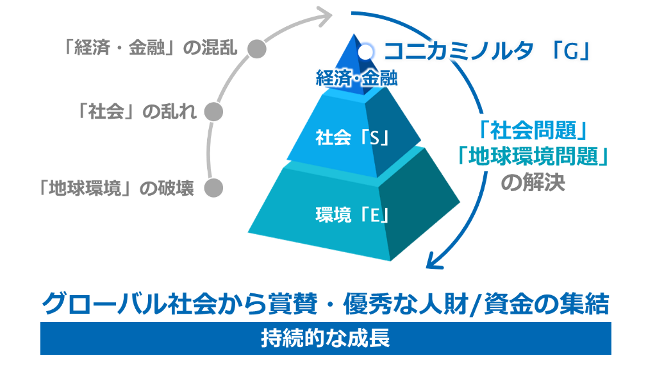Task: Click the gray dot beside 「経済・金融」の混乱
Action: [256, 49]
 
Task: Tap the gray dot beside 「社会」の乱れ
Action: [214, 112]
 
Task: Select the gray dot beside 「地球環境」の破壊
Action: [213, 188]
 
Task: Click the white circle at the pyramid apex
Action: [367, 49]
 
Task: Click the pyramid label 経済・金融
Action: [357, 79]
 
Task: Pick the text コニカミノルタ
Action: [458, 50]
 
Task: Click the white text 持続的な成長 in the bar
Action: [325, 339]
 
